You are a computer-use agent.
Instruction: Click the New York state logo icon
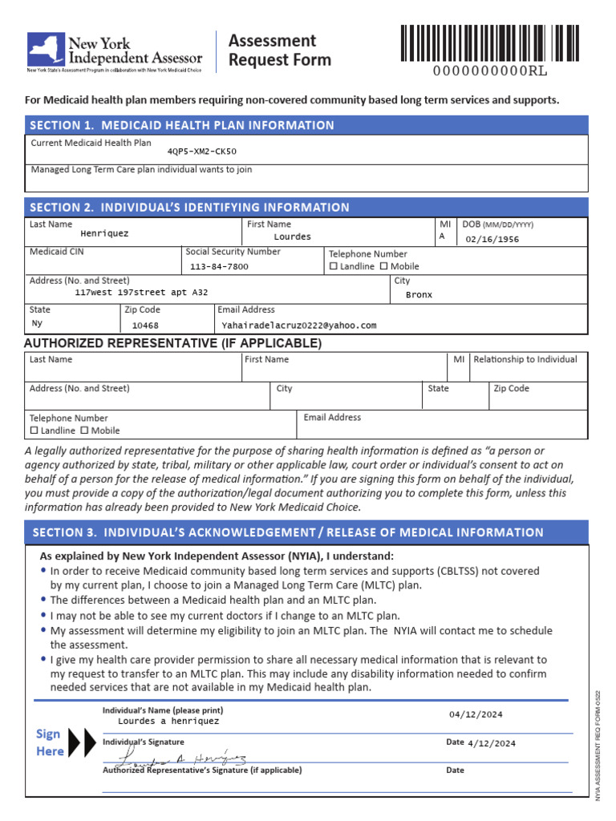[x=47, y=50]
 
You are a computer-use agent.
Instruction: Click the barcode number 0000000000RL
[x=490, y=71]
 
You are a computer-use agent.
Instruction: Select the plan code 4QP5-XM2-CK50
[x=201, y=152]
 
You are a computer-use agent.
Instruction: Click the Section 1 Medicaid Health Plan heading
[x=182, y=125]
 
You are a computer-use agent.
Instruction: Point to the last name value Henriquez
[x=104, y=234]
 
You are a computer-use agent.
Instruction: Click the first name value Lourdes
[x=292, y=237]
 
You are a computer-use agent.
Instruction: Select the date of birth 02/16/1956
[x=492, y=239]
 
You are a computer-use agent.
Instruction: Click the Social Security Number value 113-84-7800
[x=219, y=266]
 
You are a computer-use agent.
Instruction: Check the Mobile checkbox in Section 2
[x=383, y=266]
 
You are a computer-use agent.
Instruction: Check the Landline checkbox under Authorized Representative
[x=34, y=431]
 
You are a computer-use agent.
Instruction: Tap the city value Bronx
[x=419, y=294]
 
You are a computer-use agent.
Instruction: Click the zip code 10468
[x=145, y=326]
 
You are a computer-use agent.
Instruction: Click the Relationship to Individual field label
[x=525, y=359]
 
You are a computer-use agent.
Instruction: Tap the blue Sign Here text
[x=50, y=742]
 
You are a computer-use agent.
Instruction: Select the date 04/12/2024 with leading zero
[x=476, y=714]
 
